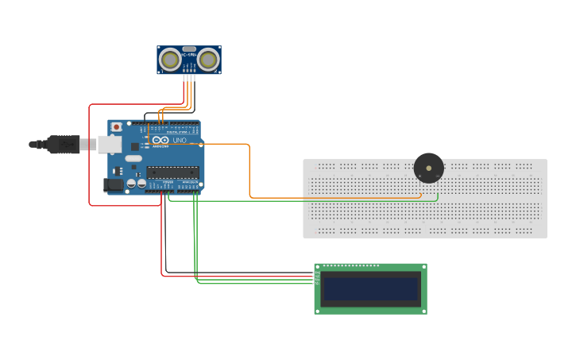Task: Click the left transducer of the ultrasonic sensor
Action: pos(170,59)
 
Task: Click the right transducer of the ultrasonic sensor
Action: pos(208,59)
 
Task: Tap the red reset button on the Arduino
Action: pos(117,126)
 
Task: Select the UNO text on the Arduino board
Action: pos(180,141)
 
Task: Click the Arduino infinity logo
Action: pos(160,141)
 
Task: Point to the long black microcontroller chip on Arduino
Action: pos(172,172)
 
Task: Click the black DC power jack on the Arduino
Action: pos(113,184)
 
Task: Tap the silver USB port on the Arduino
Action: pos(109,144)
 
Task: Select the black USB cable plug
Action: pos(63,144)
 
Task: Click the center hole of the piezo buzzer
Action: pos(429,168)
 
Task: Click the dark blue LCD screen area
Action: pos(370,288)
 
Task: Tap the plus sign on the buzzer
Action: pos(420,176)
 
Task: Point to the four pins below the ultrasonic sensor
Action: pos(188,77)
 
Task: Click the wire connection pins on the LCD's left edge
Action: pos(317,278)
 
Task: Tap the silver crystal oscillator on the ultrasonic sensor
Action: pos(189,49)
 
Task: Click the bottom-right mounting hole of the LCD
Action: pos(423,310)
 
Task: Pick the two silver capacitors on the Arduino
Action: pos(136,184)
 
